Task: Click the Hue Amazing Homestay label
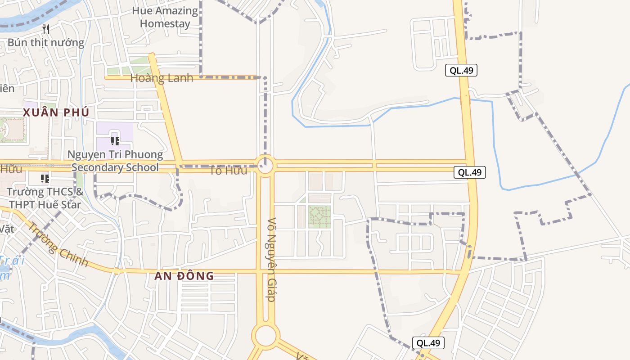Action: click(165, 17)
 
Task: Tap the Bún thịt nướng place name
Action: click(46, 43)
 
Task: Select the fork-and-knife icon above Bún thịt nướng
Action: click(46, 30)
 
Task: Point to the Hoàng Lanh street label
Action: click(162, 78)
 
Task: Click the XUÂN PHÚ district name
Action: click(56, 112)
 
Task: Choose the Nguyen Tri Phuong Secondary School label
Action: click(115, 161)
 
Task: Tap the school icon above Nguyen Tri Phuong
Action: click(115, 141)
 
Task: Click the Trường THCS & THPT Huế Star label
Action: click(45, 198)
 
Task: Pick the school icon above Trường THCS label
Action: click(45, 179)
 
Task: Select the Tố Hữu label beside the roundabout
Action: click(228, 171)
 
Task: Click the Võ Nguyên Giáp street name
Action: click(271, 260)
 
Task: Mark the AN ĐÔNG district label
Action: click(184, 276)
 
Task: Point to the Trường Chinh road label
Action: click(58, 244)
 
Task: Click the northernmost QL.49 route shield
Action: click(461, 70)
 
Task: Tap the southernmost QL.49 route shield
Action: click(428, 343)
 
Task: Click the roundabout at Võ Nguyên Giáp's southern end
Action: click(265, 336)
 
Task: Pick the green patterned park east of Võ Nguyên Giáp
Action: click(319, 217)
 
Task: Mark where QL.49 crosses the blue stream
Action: click(465, 99)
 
